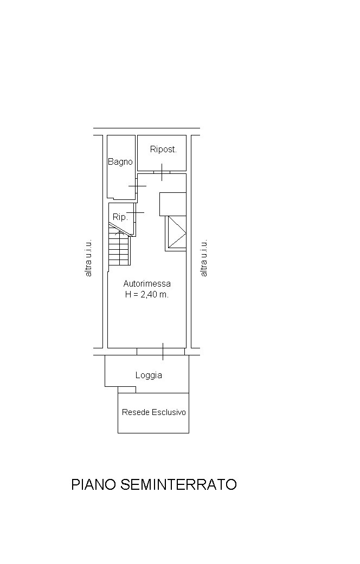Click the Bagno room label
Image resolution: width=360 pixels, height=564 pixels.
[x=120, y=162]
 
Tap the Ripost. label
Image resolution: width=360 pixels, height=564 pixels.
[x=163, y=150]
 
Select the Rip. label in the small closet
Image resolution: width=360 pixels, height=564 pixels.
[x=120, y=217]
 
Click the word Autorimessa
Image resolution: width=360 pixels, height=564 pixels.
[x=147, y=283]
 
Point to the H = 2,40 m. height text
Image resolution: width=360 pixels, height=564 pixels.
[x=147, y=294]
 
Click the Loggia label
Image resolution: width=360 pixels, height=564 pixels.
[x=149, y=375]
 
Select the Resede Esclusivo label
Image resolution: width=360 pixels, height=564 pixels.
[x=154, y=412]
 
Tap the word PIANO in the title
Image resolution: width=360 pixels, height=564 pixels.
[x=94, y=484]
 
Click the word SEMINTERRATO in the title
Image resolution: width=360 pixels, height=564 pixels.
[x=178, y=484]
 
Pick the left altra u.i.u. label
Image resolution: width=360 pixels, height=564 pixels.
[x=88, y=258]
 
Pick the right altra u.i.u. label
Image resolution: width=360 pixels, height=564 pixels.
[x=204, y=258]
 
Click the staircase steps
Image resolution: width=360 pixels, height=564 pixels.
[x=119, y=248]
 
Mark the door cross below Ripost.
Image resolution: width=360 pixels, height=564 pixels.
[x=162, y=172]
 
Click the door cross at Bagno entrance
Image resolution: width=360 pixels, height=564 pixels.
[x=137, y=186]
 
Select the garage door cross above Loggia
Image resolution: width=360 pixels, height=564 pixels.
[x=163, y=352]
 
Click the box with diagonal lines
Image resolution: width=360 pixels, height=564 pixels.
[x=176, y=232]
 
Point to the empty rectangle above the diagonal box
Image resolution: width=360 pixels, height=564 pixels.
[x=173, y=204]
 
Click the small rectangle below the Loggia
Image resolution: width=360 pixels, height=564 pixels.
[x=127, y=390]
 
